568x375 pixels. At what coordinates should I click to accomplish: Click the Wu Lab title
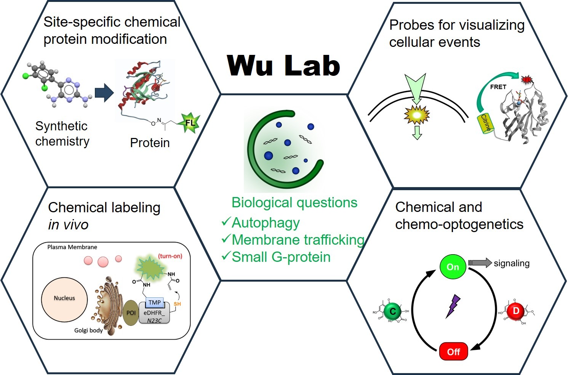pos(283,65)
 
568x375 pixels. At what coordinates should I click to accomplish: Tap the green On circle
pos(453,267)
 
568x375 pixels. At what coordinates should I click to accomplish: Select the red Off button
pos(453,351)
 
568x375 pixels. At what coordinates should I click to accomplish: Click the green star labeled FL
pos(189,123)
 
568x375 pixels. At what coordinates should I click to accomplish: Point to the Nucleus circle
pos(64,298)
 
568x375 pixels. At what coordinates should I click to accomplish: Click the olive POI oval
pos(131,312)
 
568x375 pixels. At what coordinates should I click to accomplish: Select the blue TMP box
pos(154,303)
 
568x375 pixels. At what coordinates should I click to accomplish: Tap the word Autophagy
pos(266,223)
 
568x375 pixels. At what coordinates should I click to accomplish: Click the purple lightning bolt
pos(453,306)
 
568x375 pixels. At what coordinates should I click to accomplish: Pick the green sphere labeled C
pos(392,312)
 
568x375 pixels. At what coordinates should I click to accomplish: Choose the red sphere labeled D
pos(516,311)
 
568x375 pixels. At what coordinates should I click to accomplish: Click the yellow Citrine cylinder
pos(486,123)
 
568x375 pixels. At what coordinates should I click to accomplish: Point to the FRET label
pos(498,87)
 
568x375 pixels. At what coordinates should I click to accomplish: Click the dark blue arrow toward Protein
pos(104,93)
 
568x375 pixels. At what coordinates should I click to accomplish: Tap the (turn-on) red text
pos(170,256)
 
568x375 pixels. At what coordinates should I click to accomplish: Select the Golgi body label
pos(88,330)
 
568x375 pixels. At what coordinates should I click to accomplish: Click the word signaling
pos(511,263)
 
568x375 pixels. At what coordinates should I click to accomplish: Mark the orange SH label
pos(177,304)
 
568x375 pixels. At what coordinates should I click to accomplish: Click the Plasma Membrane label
pos(72,247)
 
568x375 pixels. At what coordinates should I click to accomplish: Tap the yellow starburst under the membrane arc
pos(416,115)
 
